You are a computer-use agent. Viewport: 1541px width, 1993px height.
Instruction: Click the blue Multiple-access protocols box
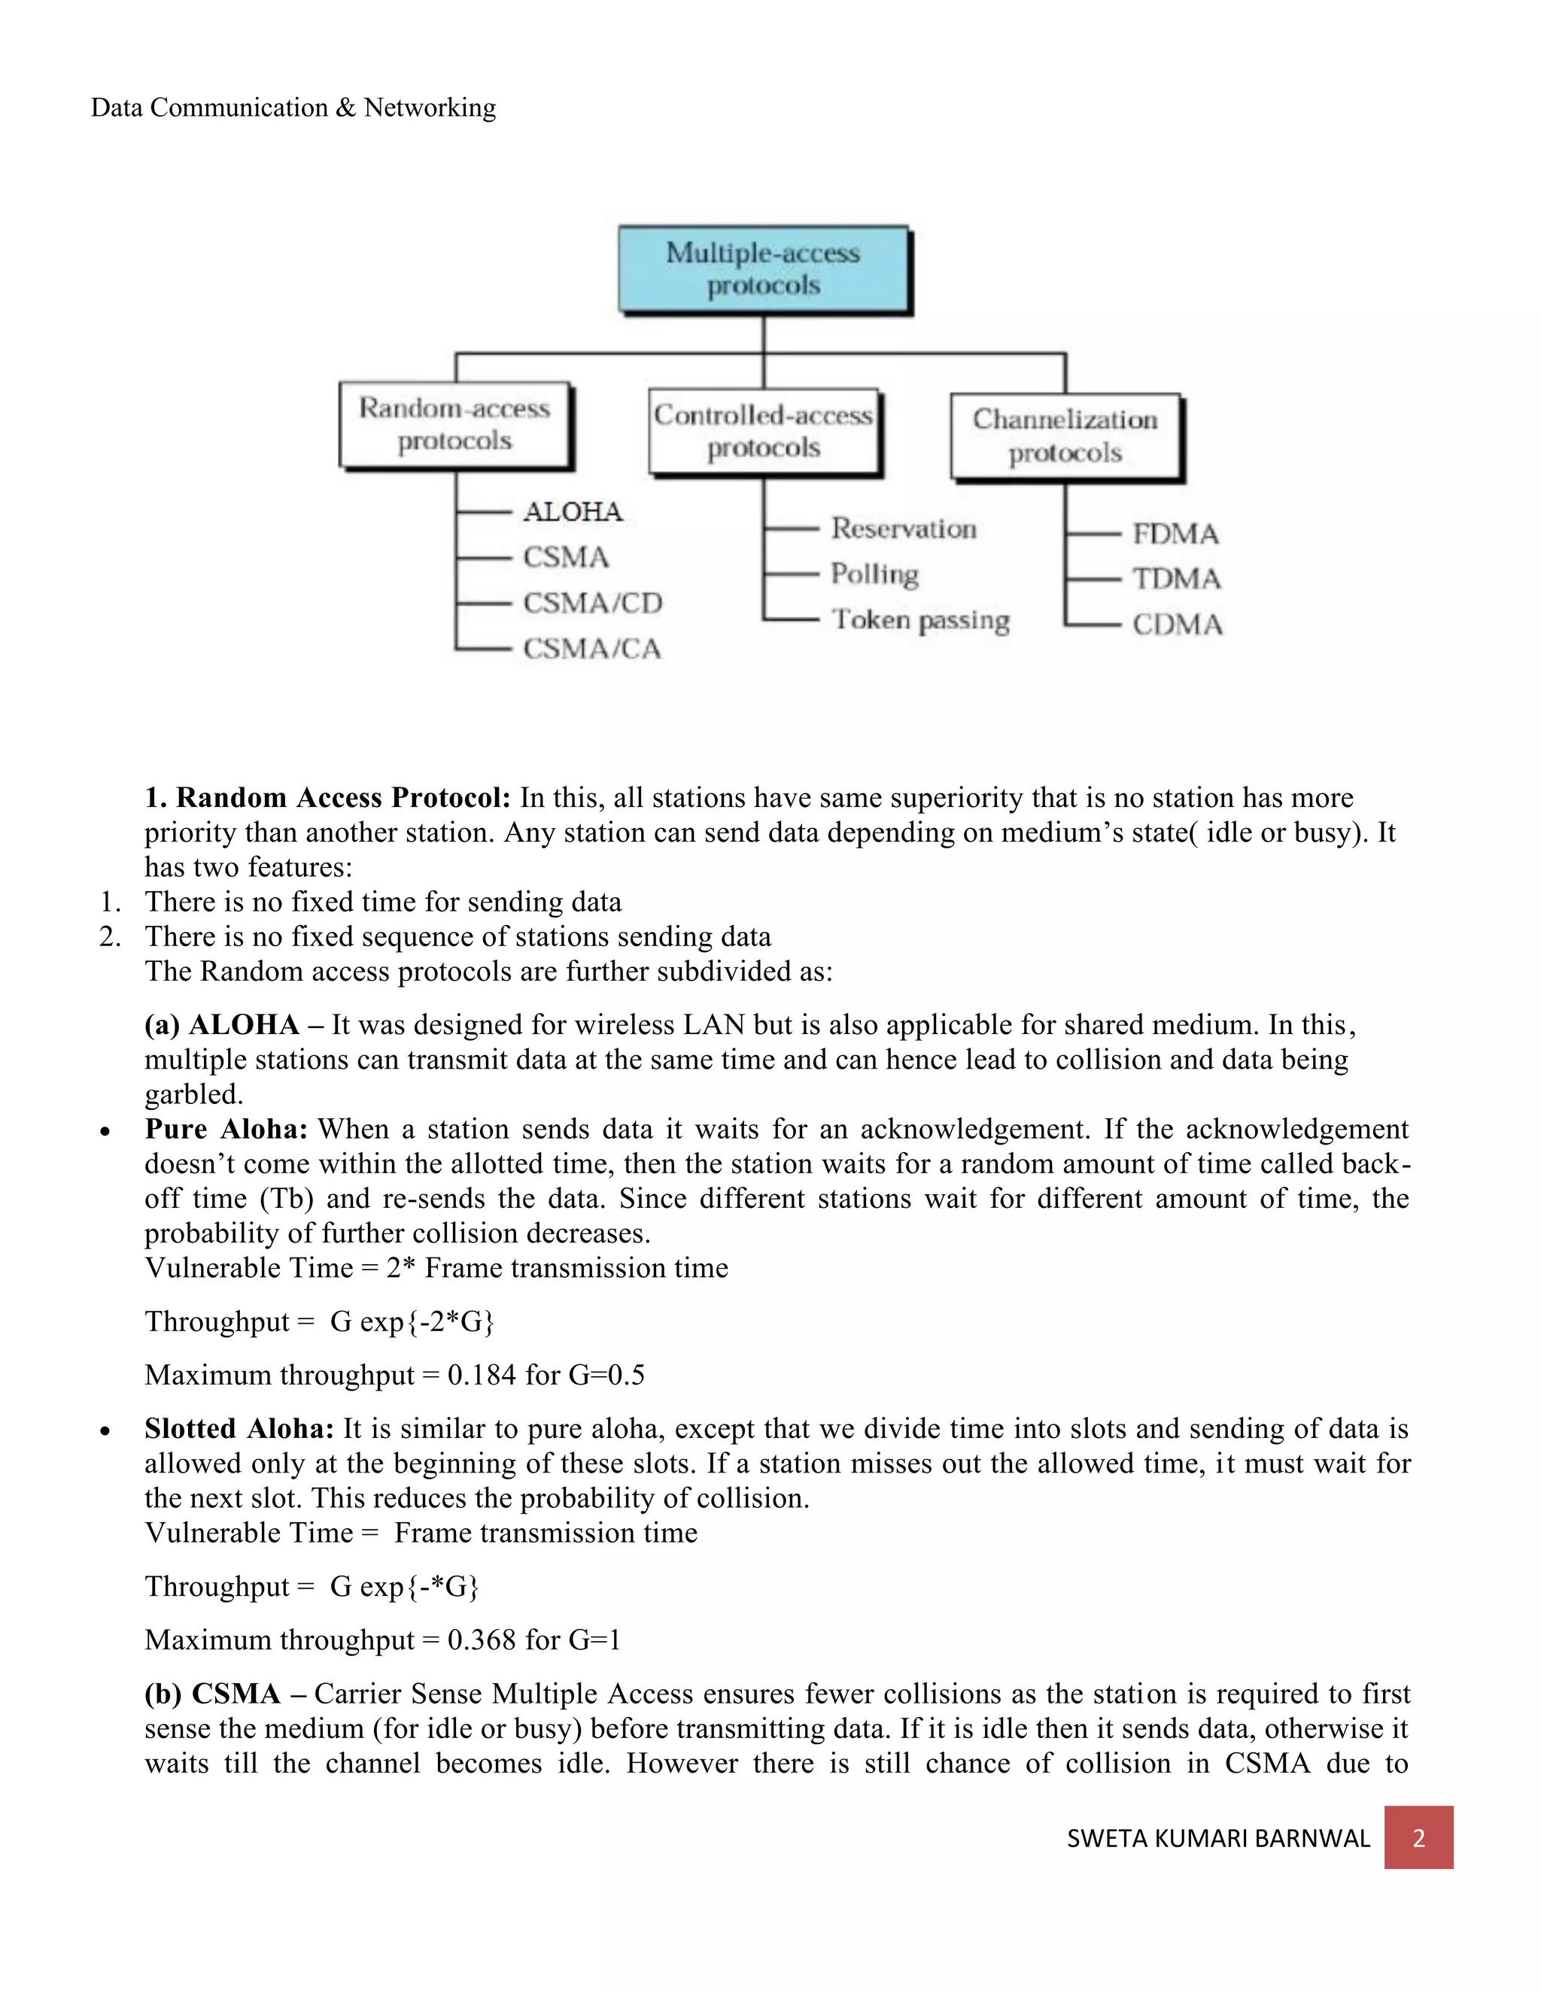point(764,269)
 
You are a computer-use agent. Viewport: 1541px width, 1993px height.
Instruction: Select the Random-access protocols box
point(454,424)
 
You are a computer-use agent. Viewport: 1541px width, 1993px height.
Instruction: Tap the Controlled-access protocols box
point(764,432)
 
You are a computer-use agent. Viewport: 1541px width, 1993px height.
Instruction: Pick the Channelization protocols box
point(1065,436)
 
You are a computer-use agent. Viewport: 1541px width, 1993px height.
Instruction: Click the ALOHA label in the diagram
point(573,512)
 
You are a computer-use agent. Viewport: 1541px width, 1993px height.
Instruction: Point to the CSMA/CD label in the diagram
point(592,603)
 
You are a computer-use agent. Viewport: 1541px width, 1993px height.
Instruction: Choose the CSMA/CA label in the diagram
point(591,649)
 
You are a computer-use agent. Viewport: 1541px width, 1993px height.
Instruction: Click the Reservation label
point(904,529)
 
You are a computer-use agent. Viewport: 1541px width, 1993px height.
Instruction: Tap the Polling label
point(874,574)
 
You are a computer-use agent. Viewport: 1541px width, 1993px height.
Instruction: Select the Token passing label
point(920,620)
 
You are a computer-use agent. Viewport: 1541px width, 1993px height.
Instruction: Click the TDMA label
point(1177,579)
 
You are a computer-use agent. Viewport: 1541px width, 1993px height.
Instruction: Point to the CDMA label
point(1178,625)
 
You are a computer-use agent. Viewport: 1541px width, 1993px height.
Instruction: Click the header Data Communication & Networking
point(293,108)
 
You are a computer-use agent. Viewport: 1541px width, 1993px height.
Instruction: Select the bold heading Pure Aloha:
point(226,1130)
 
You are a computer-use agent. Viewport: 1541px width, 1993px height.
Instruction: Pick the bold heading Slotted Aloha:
point(239,1429)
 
